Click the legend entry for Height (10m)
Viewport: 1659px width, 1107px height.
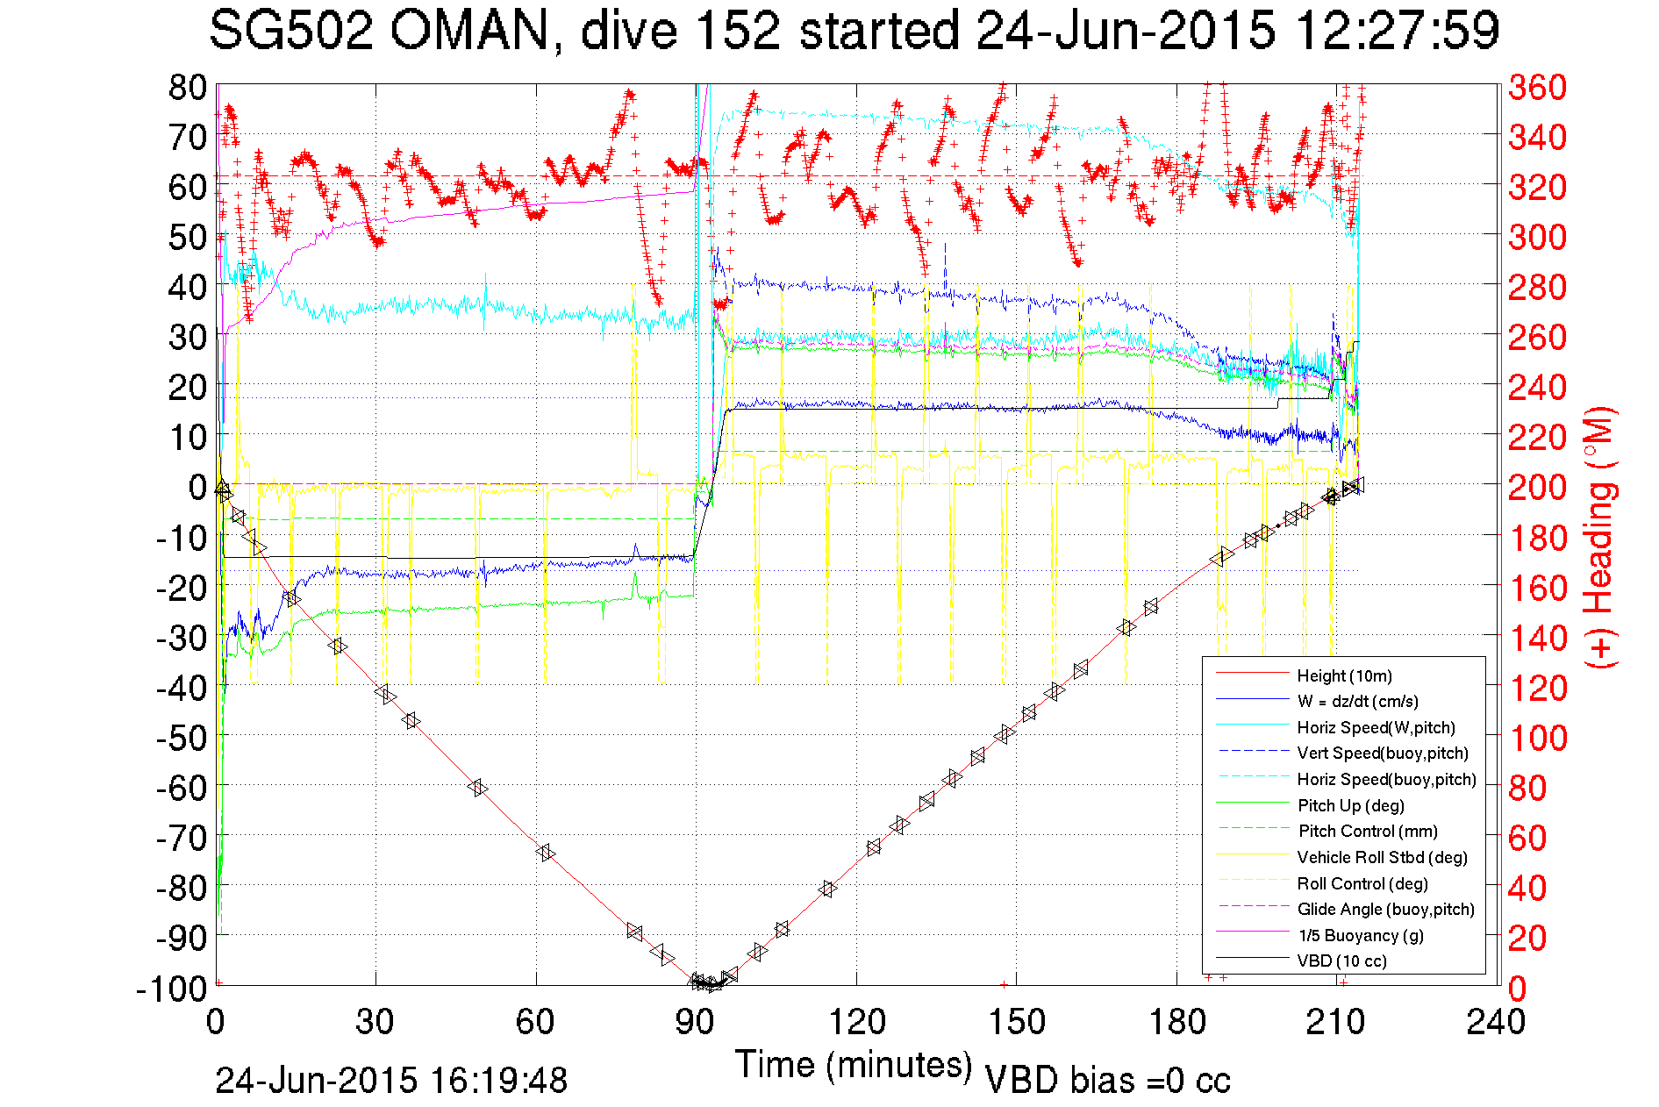click(1344, 675)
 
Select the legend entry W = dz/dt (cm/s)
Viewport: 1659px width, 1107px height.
click(1357, 701)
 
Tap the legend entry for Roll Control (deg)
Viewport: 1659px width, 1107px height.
click(1362, 883)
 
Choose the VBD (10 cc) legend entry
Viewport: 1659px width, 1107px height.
click(1341, 961)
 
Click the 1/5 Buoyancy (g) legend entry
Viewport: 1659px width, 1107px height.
click(1361, 935)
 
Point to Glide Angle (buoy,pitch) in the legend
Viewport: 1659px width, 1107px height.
click(1385, 909)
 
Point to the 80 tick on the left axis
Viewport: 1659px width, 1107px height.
click(187, 87)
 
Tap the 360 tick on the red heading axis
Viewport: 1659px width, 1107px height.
click(1537, 87)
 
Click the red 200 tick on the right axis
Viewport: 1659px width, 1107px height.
click(1537, 487)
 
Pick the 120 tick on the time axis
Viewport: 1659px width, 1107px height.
click(856, 1022)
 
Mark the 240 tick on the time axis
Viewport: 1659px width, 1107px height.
click(1497, 1022)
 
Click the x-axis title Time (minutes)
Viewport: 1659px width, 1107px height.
click(854, 1065)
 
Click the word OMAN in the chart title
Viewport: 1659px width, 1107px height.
click(469, 32)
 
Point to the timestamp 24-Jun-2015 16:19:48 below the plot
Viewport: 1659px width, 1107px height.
click(391, 1080)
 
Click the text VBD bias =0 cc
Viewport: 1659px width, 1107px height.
click(1107, 1080)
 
